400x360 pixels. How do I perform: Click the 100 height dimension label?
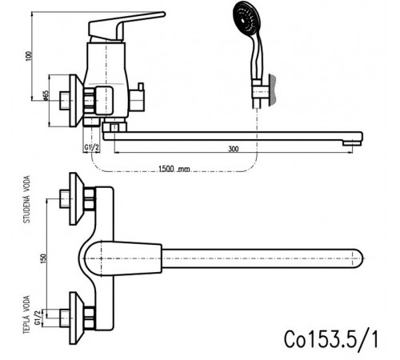click(x=29, y=56)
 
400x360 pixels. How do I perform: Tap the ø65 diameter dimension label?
click(x=46, y=95)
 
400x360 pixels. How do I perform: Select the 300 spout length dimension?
click(x=234, y=149)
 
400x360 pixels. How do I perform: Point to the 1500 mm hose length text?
click(x=174, y=169)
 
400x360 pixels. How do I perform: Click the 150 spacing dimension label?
click(x=43, y=259)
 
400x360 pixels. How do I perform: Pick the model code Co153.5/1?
click(x=331, y=338)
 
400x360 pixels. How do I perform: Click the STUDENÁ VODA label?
click(x=27, y=199)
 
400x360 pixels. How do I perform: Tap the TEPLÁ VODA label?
click(x=26, y=314)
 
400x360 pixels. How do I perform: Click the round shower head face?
click(x=246, y=18)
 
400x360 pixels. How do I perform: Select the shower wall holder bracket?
click(x=263, y=90)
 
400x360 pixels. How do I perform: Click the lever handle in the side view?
click(x=126, y=26)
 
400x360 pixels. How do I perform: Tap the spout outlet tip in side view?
click(x=352, y=143)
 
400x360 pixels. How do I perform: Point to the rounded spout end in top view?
click(x=358, y=258)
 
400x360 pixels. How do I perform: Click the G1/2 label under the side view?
click(x=92, y=147)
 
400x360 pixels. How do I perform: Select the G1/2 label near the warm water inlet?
click(x=38, y=318)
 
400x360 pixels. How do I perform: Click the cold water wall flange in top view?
click(x=77, y=198)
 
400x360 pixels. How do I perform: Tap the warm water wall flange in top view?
click(x=77, y=318)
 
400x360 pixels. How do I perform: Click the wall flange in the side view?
click(x=76, y=101)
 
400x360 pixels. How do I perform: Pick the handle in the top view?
click(x=122, y=258)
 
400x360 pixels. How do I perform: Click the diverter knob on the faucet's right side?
click(x=137, y=98)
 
